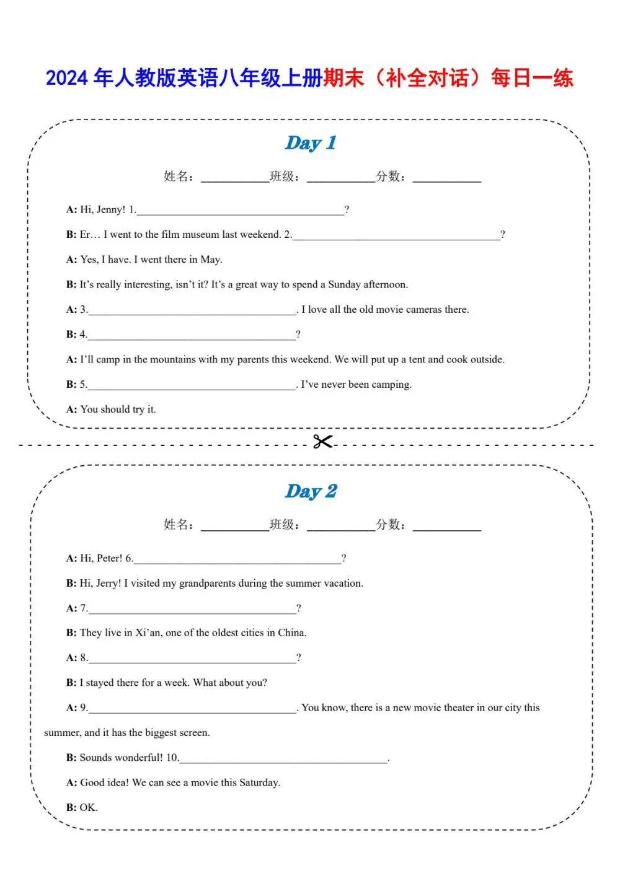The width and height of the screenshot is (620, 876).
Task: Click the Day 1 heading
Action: click(311, 143)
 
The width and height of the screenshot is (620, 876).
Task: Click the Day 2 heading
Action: click(311, 491)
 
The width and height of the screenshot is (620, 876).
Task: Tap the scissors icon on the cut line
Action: click(322, 442)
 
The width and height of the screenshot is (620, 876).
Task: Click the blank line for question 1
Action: click(240, 211)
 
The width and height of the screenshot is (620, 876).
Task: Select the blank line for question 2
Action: click(396, 235)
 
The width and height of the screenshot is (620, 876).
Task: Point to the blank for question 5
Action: click(192, 385)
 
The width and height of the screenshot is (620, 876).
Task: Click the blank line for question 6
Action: click(237, 559)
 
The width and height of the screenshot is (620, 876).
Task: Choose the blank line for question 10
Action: click(283, 759)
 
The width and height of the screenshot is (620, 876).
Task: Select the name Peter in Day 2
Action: click(109, 558)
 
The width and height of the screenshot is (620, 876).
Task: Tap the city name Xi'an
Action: click(148, 633)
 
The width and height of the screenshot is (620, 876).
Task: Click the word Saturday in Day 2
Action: click(259, 782)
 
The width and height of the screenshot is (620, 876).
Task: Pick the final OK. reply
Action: click(89, 807)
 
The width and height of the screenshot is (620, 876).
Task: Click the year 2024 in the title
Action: click(67, 78)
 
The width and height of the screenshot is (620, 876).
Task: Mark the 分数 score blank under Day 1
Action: click(447, 178)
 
